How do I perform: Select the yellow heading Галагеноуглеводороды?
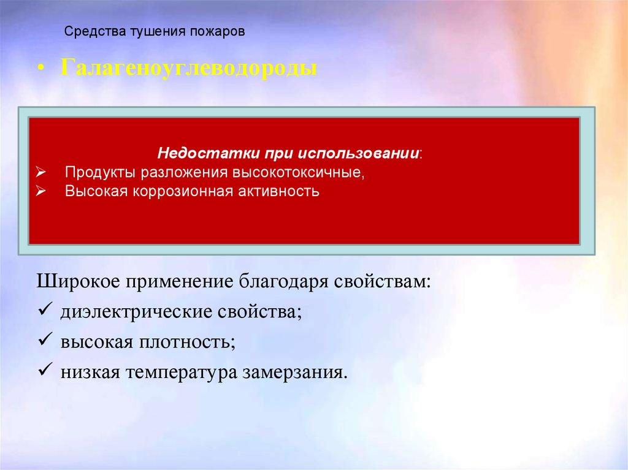click(188, 68)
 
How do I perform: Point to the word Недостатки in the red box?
click(194, 153)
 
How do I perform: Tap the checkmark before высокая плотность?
click(44, 341)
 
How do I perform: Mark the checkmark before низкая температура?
click(44, 371)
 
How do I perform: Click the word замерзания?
click(295, 372)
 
